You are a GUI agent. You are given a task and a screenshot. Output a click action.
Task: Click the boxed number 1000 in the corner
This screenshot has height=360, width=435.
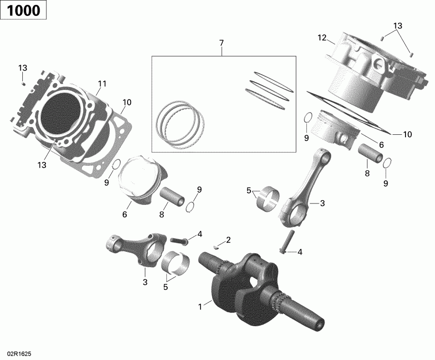23,10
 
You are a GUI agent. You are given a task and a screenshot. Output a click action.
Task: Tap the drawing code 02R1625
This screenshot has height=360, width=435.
16,354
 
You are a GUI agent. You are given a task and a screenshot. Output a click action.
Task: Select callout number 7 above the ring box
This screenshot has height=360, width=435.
221,43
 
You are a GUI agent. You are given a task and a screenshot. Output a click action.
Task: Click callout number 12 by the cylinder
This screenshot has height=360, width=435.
322,38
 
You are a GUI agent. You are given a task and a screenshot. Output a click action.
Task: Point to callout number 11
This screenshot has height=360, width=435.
101,84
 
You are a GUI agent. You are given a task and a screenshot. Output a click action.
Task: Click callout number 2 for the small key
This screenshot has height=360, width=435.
228,240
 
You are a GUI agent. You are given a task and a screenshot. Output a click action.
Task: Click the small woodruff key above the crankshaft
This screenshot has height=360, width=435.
216,245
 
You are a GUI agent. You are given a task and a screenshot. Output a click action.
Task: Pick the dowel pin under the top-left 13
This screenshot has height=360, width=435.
23,84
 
